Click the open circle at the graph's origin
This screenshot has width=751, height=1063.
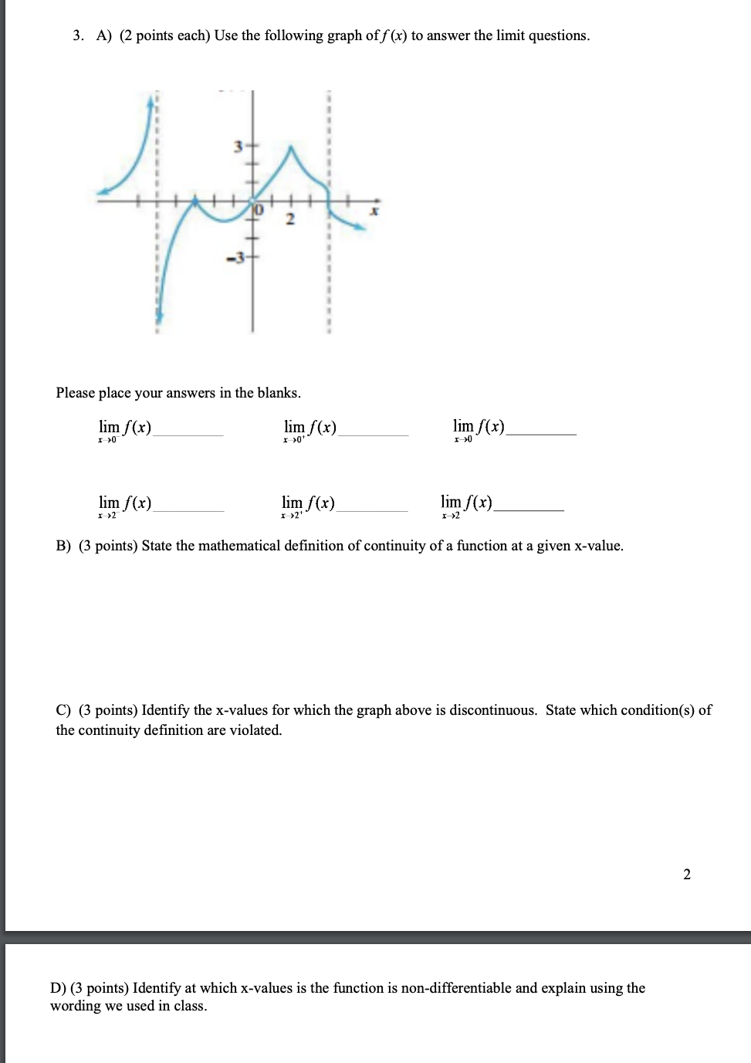tap(253, 202)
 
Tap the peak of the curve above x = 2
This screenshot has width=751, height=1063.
tap(290, 147)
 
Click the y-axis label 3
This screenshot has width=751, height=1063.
tap(238, 145)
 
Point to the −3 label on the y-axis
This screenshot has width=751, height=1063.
tap(235, 258)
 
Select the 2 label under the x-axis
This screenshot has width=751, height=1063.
tap(289, 219)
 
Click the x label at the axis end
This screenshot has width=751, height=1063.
tap(374, 210)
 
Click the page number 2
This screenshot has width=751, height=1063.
tap(687, 874)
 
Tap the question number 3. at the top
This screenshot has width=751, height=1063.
tap(78, 36)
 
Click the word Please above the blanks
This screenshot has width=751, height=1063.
tap(75, 393)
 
